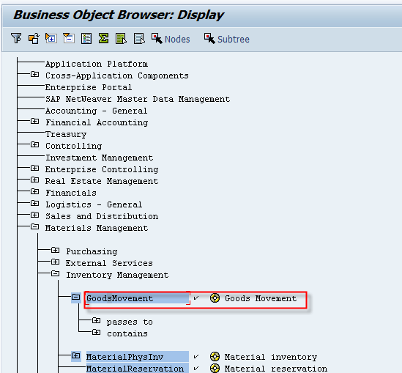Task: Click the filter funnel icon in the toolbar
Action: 16,39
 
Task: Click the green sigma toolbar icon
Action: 103,39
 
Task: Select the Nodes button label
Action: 177,40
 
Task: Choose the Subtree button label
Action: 234,40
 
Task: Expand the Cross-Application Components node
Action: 35,75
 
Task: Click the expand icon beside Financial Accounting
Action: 35,121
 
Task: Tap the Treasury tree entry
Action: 66,134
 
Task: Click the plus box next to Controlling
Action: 35,144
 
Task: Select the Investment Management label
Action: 99,158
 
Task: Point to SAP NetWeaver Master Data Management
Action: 138,99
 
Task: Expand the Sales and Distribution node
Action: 35,215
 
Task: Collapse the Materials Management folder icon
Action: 35,226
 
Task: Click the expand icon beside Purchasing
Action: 55,250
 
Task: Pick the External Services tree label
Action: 109,263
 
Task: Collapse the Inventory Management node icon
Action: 55,274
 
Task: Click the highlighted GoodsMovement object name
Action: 120,298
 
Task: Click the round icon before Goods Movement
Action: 215,298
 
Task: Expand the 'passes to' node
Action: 96,320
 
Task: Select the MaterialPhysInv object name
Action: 125,357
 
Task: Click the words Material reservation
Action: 276,369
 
